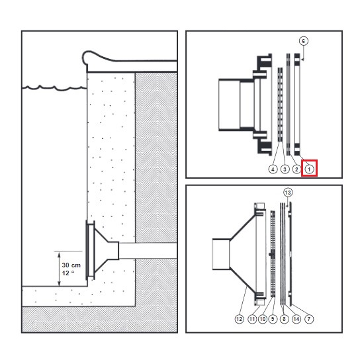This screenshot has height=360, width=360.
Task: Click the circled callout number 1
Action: [309, 169]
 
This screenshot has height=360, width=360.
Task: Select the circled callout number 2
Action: [296, 169]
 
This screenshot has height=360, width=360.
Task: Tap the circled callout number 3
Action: [285, 169]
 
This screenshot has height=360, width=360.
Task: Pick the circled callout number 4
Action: [273, 169]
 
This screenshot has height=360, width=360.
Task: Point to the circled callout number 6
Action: [304, 41]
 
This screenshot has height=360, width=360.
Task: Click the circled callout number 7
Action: [309, 319]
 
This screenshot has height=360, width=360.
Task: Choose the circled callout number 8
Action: [285, 319]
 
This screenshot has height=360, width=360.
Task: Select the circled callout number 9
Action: [273, 319]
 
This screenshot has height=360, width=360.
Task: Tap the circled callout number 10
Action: [263, 319]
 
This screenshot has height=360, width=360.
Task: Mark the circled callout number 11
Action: [252, 319]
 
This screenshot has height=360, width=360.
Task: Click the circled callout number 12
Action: [239, 319]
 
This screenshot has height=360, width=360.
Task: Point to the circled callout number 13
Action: [288, 193]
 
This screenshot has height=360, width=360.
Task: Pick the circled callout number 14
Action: [296, 319]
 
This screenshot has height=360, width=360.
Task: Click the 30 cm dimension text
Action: [71, 265]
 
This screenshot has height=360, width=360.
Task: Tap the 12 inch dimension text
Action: [68, 273]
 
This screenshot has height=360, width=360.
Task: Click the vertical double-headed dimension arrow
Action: [59, 269]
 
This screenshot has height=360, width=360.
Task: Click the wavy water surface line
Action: [54, 88]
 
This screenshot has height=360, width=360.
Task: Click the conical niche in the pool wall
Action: [102, 251]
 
